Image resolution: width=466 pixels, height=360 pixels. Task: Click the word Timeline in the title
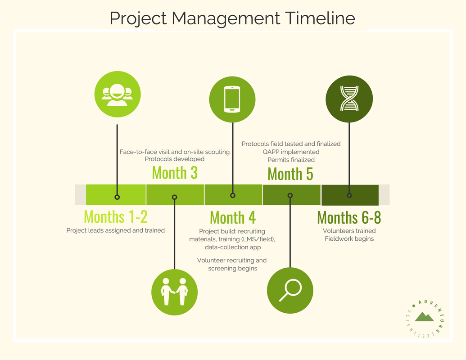(x=320, y=18)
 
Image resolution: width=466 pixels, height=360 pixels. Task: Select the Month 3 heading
(x=175, y=172)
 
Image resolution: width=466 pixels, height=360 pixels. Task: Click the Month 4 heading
(x=233, y=217)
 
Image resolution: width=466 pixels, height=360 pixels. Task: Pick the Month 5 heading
(x=290, y=174)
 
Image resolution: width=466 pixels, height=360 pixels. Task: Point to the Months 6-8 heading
(x=349, y=217)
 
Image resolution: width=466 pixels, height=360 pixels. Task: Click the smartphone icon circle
(x=232, y=99)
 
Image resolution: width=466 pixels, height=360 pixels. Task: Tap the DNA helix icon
(x=349, y=99)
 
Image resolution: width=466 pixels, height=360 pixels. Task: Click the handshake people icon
(x=174, y=292)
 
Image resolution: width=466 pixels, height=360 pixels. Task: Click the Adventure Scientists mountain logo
(x=425, y=319)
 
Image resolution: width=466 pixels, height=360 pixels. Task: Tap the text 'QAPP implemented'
(x=291, y=152)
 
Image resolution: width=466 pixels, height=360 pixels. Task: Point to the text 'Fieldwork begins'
(x=349, y=239)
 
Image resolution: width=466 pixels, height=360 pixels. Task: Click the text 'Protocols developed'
(x=175, y=159)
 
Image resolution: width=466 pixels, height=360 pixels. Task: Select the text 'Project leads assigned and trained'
(x=116, y=230)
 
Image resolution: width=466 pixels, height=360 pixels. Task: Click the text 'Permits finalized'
(x=291, y=160)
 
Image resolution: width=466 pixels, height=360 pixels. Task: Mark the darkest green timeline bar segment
(x=350, y=195)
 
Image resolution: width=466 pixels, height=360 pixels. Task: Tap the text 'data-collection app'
(x=233, y=247)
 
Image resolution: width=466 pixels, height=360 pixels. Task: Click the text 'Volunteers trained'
(x=349, y=231)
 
